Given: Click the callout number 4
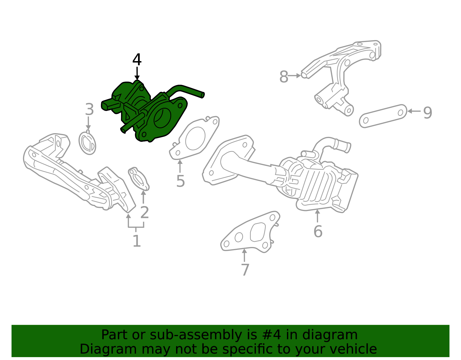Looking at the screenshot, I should click(x=137, y=60).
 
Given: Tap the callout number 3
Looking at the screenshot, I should click(x=89, y=110).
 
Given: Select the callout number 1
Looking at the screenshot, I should click(x=137, y=241).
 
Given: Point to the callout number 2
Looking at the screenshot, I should click(x=144, y=213).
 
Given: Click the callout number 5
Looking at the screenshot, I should click(x=180, y=181).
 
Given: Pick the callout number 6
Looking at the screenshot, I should click(x=318, y=232).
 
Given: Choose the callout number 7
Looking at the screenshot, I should click(x=245, y=270).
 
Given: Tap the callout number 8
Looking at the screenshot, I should click(x=284, y=77).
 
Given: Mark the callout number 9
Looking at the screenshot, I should click(x=428, y=112).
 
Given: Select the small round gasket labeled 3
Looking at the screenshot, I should click(x=87, y=143).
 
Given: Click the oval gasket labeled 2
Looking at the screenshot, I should click(x=139, y=179).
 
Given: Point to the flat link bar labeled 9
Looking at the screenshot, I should click(x=383, y=116).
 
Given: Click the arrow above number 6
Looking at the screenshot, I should click(x=317, y=216).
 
